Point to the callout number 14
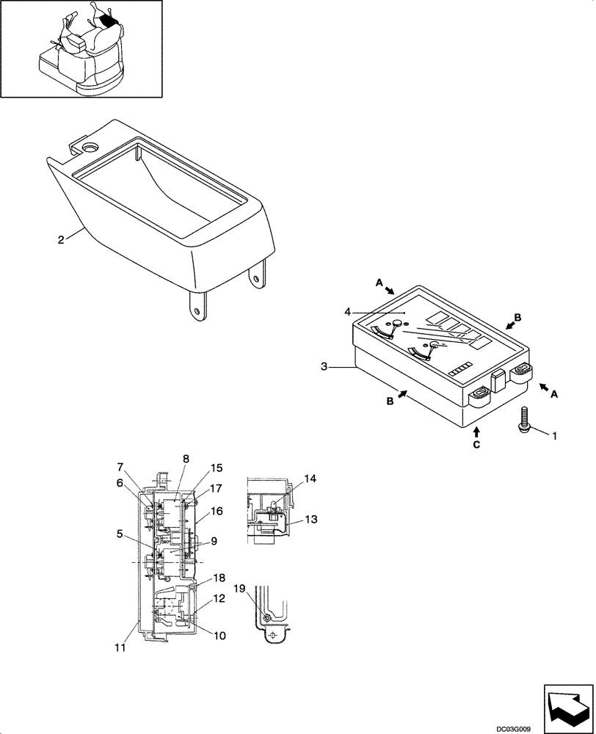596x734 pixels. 310,479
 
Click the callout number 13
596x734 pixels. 311,519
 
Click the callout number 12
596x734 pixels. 219,600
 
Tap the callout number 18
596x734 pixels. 219,578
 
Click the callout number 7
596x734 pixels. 120,467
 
